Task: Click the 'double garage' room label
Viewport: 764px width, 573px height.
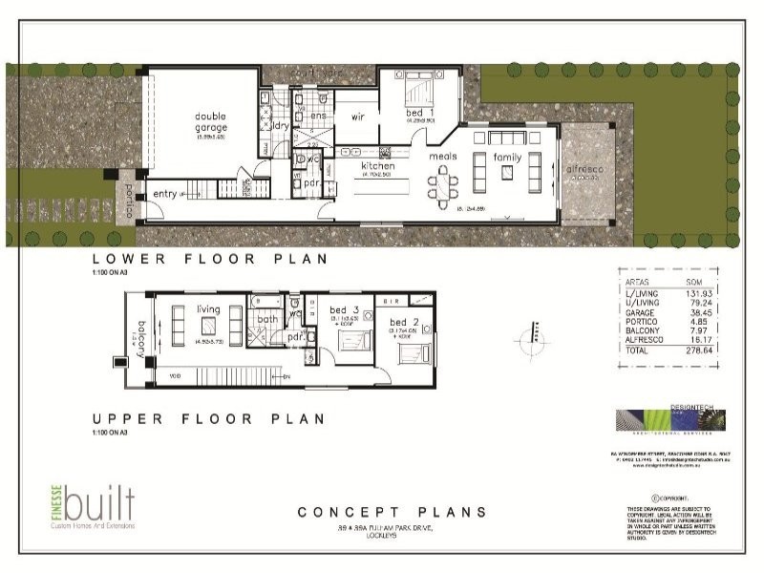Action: pyautogui.click(x=211, y=122)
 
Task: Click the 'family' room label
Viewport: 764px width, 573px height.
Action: pyautogui.click(x=507, y=157)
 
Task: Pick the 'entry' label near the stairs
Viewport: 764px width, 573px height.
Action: pyautogui.click(x=165, y=194)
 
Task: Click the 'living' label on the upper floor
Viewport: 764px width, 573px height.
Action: pyautogui.click(x=208, y=308)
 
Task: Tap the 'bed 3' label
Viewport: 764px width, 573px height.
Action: pyautogui.click(x=343, y=310)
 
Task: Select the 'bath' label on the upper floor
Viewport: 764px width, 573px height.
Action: pyautogui.click(x=267, y=319)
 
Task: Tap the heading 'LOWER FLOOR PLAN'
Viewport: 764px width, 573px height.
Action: pyautogui.click(x=209, y=259)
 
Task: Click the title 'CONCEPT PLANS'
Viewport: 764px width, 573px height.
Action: pyautogui.click(x=392, y=513)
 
